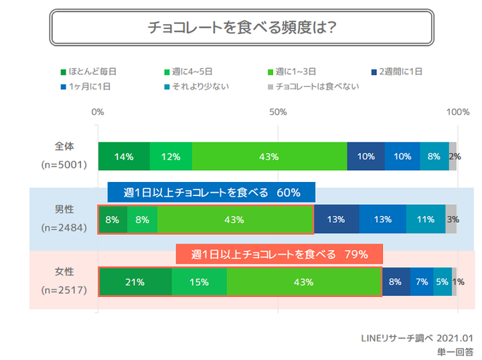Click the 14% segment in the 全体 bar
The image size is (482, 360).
click(124, 157)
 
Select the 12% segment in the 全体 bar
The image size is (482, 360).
click(171, 157)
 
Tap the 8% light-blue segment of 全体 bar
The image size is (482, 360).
click(434, 157)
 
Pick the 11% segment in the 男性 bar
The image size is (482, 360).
click(425, 219)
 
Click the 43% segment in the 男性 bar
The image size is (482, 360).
click(235, 219)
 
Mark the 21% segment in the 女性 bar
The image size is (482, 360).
click(135, 282)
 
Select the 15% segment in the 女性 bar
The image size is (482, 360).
click(199, 282)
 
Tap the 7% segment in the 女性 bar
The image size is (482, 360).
click(421, 282)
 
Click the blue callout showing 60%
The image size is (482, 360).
click(212, 193)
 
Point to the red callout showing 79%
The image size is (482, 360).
click(279, 254)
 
